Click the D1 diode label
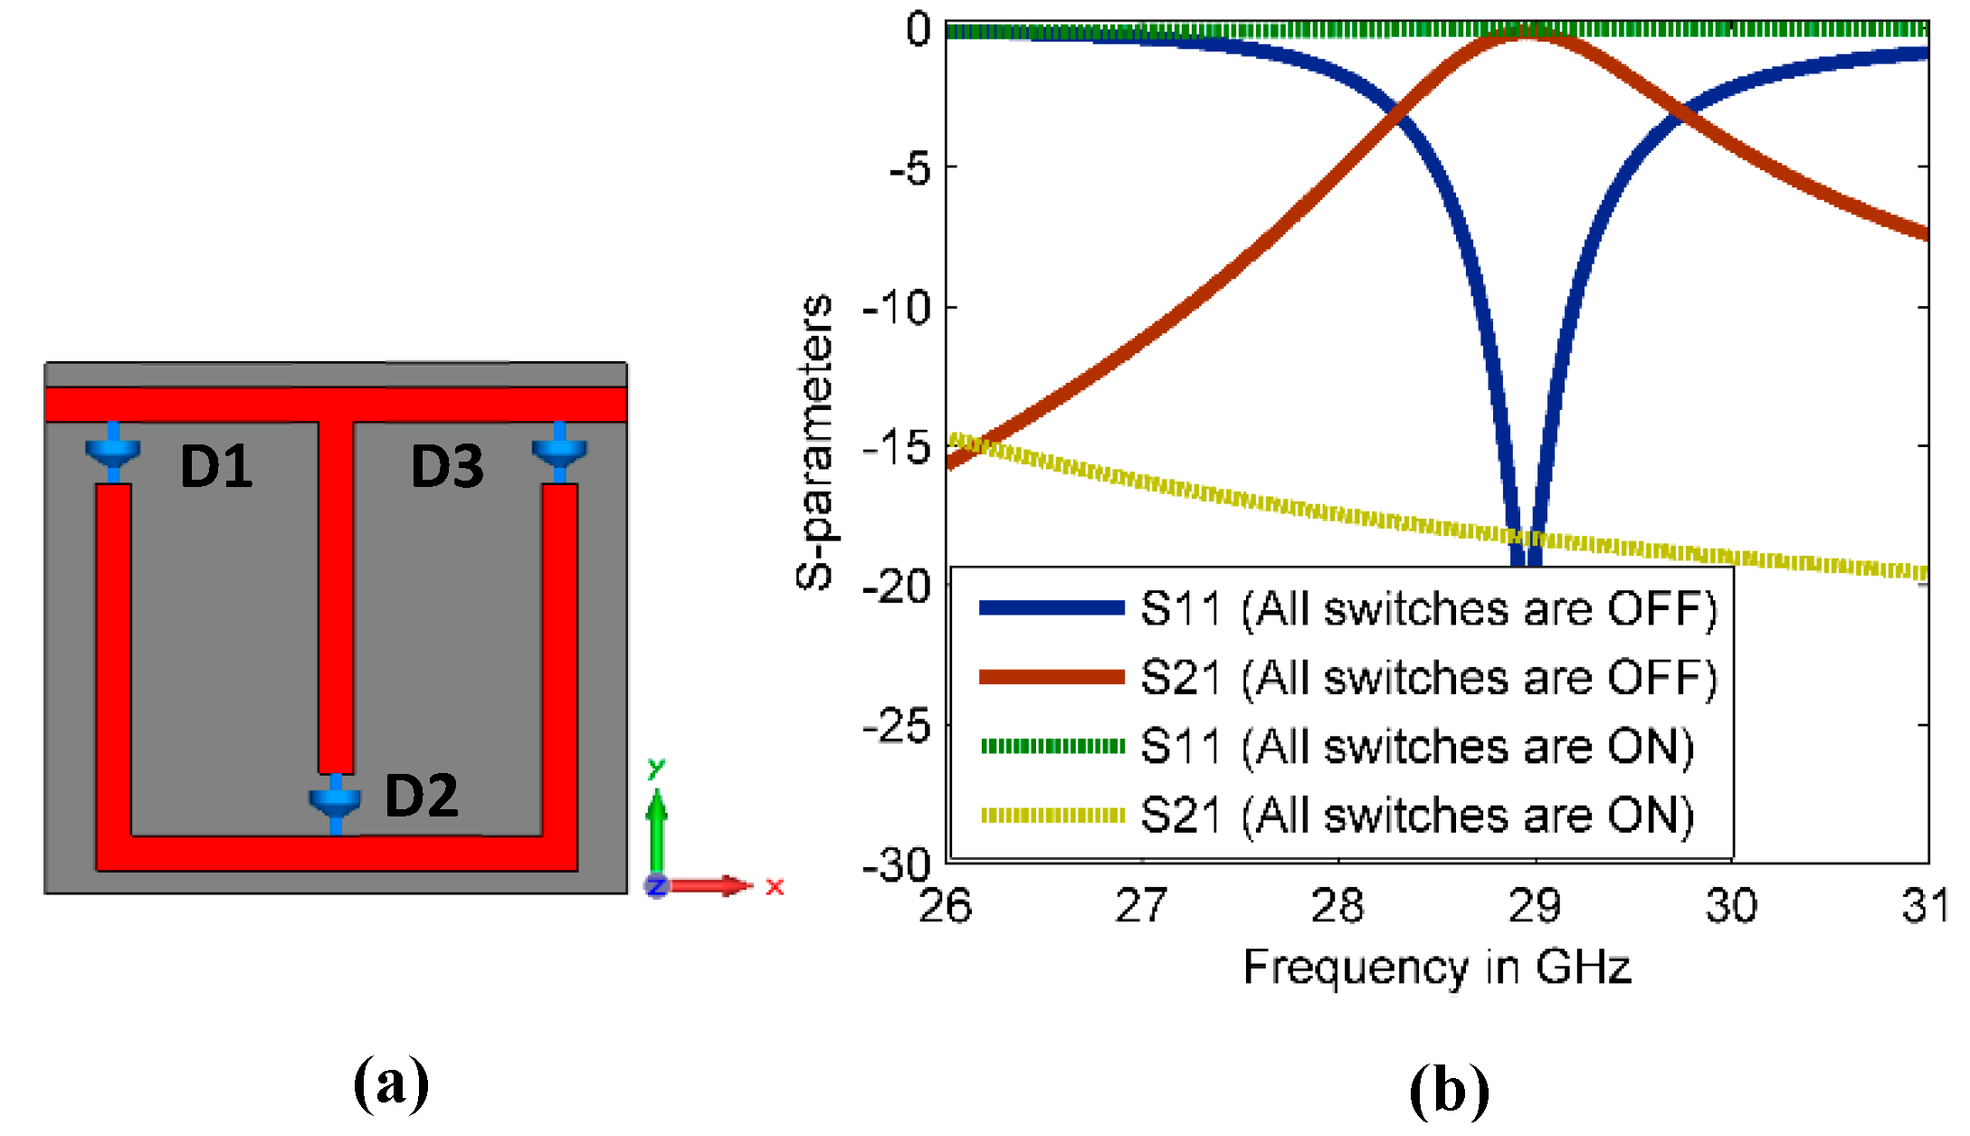pyautogui.click(x=216, y=467)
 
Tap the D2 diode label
pyautogui.click(x=421, y=796)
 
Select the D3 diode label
pyautogui.click(x=447, y=467)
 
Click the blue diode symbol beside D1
pyautogui.click(x=113, y=450)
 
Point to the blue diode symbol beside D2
pyautogui.click(x=336, y=801)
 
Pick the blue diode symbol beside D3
pyautogui.click(x=559, y=450)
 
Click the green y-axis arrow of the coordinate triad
pyautogui.click(x=657, y=824)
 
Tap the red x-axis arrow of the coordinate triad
pyautogui.click(x=715, y=885)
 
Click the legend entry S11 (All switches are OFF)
pyautogui.click(x=1428, y=608)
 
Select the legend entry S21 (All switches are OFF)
pyautogui.click(x=1428, y=677)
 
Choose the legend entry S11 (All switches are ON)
pyautogui.click(x=1416, y=747)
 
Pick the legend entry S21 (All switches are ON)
pyautogui.click(x=1416, y=816)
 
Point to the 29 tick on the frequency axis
pyautogui.click(x=1535, y=905)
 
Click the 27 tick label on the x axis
pyautogui.click(x=1141, y=905)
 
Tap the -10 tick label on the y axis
pyautogui.click(x=896, y=309)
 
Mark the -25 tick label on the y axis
pyautogui.click(x=896, y=726)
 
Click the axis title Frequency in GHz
pyautogui.click(x=1437, y=967)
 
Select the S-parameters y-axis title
pyautogui.click(x=814, y=442)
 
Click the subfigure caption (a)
pyautogui.click(x=391, y=1083)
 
